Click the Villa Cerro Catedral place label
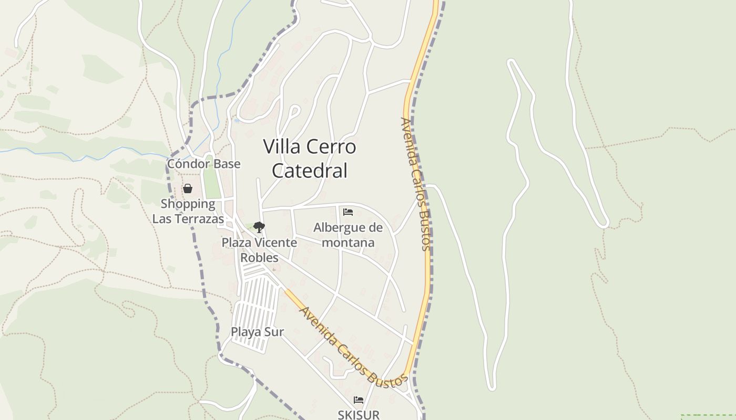tap(310, 159)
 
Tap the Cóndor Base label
tap(203, 164)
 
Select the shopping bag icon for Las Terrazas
tap(188, 188)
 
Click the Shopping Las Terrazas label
tap(188, 211)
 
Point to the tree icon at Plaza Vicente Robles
tap(259, 227)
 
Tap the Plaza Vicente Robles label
tap(259, 250)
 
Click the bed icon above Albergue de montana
tap(347, 212)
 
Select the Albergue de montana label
tap(348, 235)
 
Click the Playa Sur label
tap(258, 332)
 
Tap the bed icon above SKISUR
tap(359, 400)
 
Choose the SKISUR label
tap(359, 415)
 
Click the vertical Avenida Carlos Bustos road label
tap(415, 184)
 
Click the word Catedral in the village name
tap(310, 171)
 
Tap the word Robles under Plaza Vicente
tap(259, 257)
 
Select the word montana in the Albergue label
tap(348, 242)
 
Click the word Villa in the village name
tap(282, 146)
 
